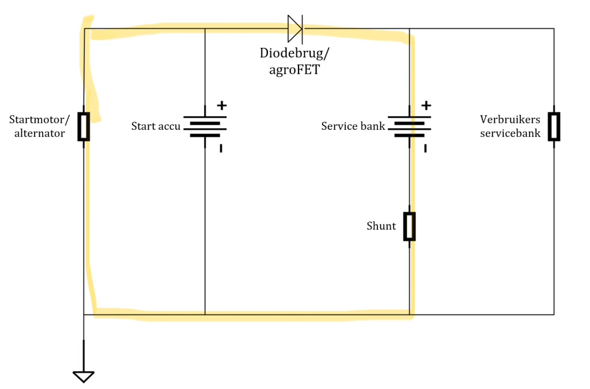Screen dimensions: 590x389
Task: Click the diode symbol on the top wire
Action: pyautogui.click(x=295, y=29)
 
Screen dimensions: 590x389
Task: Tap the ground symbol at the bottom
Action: pyautogui.click(x=84, y=376)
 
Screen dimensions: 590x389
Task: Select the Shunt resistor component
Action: pyautogui.click(x=410, y=226)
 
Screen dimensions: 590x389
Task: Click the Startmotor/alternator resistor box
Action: pyautogui.click(x=84, y=126)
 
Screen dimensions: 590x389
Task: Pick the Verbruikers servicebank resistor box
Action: pyautogui.click(x=554, y=126)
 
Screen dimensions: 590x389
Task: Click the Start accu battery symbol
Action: pyautogui.click(x=205, y=126)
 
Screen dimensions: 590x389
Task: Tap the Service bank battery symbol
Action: pyautogui.click(x=410, y=126)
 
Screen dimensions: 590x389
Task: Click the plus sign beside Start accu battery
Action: pyautogui.click(x=222, y=105)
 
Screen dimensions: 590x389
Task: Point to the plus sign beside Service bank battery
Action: pyautogui.click(x=426, y=105)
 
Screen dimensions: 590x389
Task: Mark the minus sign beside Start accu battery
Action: pyautogui.click(x=221, y=148)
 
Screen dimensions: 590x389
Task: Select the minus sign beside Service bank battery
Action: pyautogui.click(x=425, y=148)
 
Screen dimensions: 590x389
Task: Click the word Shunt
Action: pyautogui.click(x=381, y=226)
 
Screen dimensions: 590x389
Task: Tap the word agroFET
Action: pyautogui.click(x=294, y=70)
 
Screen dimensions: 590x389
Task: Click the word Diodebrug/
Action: pyautogui.click(x=294, y=53)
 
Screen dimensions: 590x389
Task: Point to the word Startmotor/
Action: pyautogui.click(x=40, y=119)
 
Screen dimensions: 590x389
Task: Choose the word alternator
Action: pyautogui.click(x=40, y=133)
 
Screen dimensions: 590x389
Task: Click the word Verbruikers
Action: pyautogui.click(x=510, y=119)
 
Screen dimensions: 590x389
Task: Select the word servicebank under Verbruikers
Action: pyautogui.click(x=510, y=133)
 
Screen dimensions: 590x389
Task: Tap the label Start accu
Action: pyautogui.click(x=156, y=126)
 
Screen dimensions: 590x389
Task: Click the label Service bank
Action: pyautogui.click(x=353, y=126)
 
